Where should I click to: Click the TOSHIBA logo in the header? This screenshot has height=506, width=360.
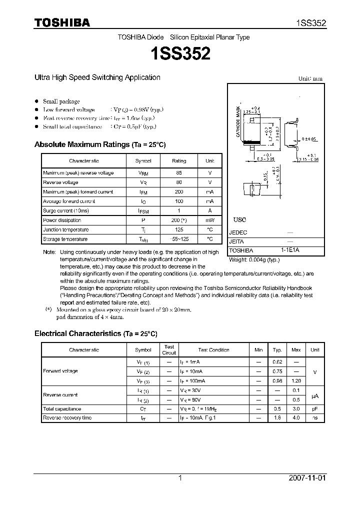pyautogui.click(x=62, y=22)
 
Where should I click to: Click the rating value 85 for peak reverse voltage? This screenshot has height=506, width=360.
pyautogui.click(x=179, y=173)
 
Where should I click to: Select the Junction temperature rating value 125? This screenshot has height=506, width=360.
pyautogui.click(x=179, y=230)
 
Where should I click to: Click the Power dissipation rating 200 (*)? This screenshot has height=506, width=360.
pyautogui.click(x=179, y=220)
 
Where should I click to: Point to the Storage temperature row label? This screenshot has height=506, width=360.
pyautogui.click(x=65, y=239)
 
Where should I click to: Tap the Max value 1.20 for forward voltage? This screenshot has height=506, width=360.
pyautogui.click(x=296, y=381)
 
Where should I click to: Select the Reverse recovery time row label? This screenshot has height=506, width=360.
pyautogui.click(x=67, y=418)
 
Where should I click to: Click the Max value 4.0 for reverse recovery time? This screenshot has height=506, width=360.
pyautogui.click(x=296, y=418)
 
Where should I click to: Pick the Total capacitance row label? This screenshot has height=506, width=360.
pyautogui.click(x=62, y=409)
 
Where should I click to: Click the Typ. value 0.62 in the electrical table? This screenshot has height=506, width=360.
pyautogui.click(x=277, y=362)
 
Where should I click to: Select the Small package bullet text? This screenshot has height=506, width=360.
pyautogui.click(x=61, y=101)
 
